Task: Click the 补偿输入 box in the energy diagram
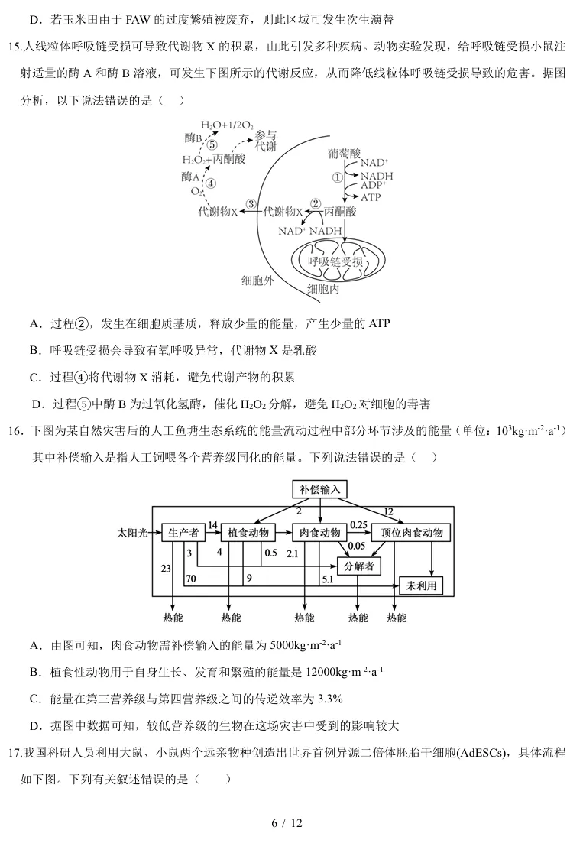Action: (x=320, y=489)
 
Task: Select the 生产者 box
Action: (x=183, y=533)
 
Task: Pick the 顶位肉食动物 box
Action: (x=411, y=533)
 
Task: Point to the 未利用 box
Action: (x=421, y=585)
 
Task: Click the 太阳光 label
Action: (x=132, y=533)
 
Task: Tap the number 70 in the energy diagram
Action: (x=190, y=579)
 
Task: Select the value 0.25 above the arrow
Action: (x=358, y=524)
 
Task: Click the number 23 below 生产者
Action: (x=166, y=567)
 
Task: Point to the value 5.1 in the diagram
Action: (x=327, y=579)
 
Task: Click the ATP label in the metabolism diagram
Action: (x=371, y=196)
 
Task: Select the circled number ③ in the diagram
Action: (x=251, y=205)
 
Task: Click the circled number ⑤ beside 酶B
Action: (x=212, y=144)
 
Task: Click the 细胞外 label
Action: (x=257, y=281)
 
